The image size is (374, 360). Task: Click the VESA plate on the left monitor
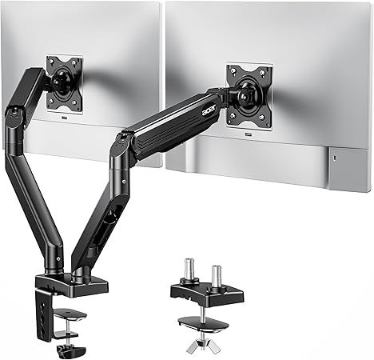(64, 83)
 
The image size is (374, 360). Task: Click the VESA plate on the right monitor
(249, 95)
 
